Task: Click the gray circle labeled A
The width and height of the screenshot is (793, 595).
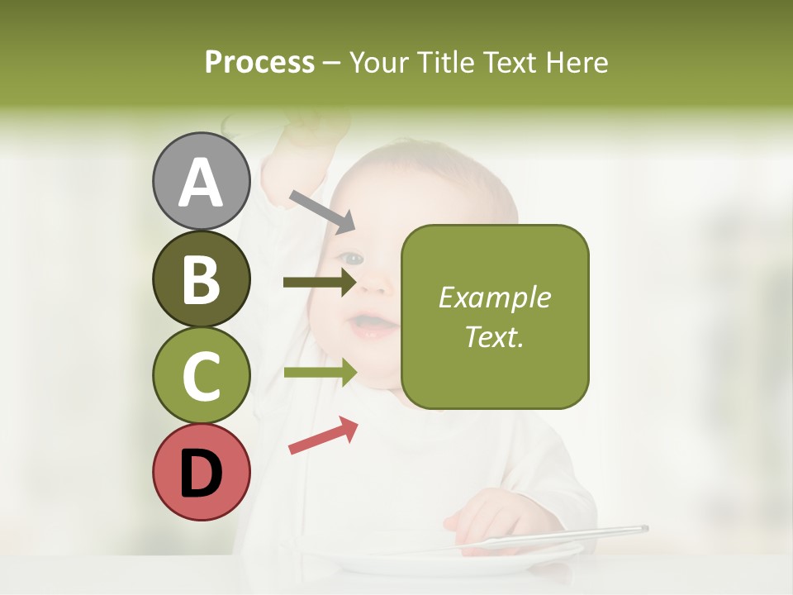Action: tap(201, 181)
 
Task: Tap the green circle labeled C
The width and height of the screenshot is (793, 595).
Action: tap(201, 374)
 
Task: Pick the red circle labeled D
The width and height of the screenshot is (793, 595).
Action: tap(201, 472)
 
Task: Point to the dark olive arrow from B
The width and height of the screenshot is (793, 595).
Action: tap(320, 283)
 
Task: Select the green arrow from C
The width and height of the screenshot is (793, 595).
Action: tap(320, 372)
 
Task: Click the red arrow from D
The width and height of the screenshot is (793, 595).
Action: tap(323, 436)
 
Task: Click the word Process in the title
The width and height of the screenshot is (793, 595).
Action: tap(259, 62)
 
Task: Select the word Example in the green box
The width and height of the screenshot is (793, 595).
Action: tap(495, 297)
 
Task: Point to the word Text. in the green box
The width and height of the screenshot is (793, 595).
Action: tap(495, 336)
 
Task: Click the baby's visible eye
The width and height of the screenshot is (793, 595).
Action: tap(354, 259)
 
